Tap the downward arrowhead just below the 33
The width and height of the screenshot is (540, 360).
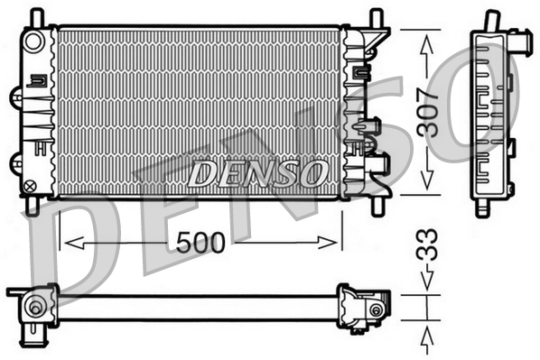tap(427, 285)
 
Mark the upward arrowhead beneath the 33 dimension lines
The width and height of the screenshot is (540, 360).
tap(427, 336)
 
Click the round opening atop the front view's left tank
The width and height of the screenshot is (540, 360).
tap(34, 41)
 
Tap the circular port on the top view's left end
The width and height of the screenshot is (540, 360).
tap(35, 308)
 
